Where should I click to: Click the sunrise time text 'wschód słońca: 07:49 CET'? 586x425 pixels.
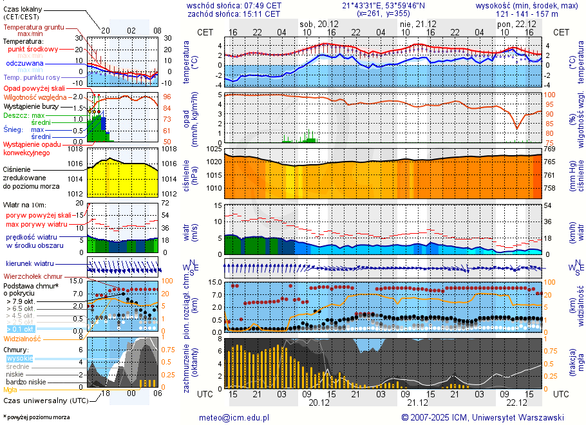233,5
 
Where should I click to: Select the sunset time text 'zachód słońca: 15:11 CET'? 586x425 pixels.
233,14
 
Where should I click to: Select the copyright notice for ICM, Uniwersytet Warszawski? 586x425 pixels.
483,417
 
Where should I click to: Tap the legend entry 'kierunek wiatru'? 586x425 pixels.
30,264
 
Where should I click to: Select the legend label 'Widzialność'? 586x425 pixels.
22,338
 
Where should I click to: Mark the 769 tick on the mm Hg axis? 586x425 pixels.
549,149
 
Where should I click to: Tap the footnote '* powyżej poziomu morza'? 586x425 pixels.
36,417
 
